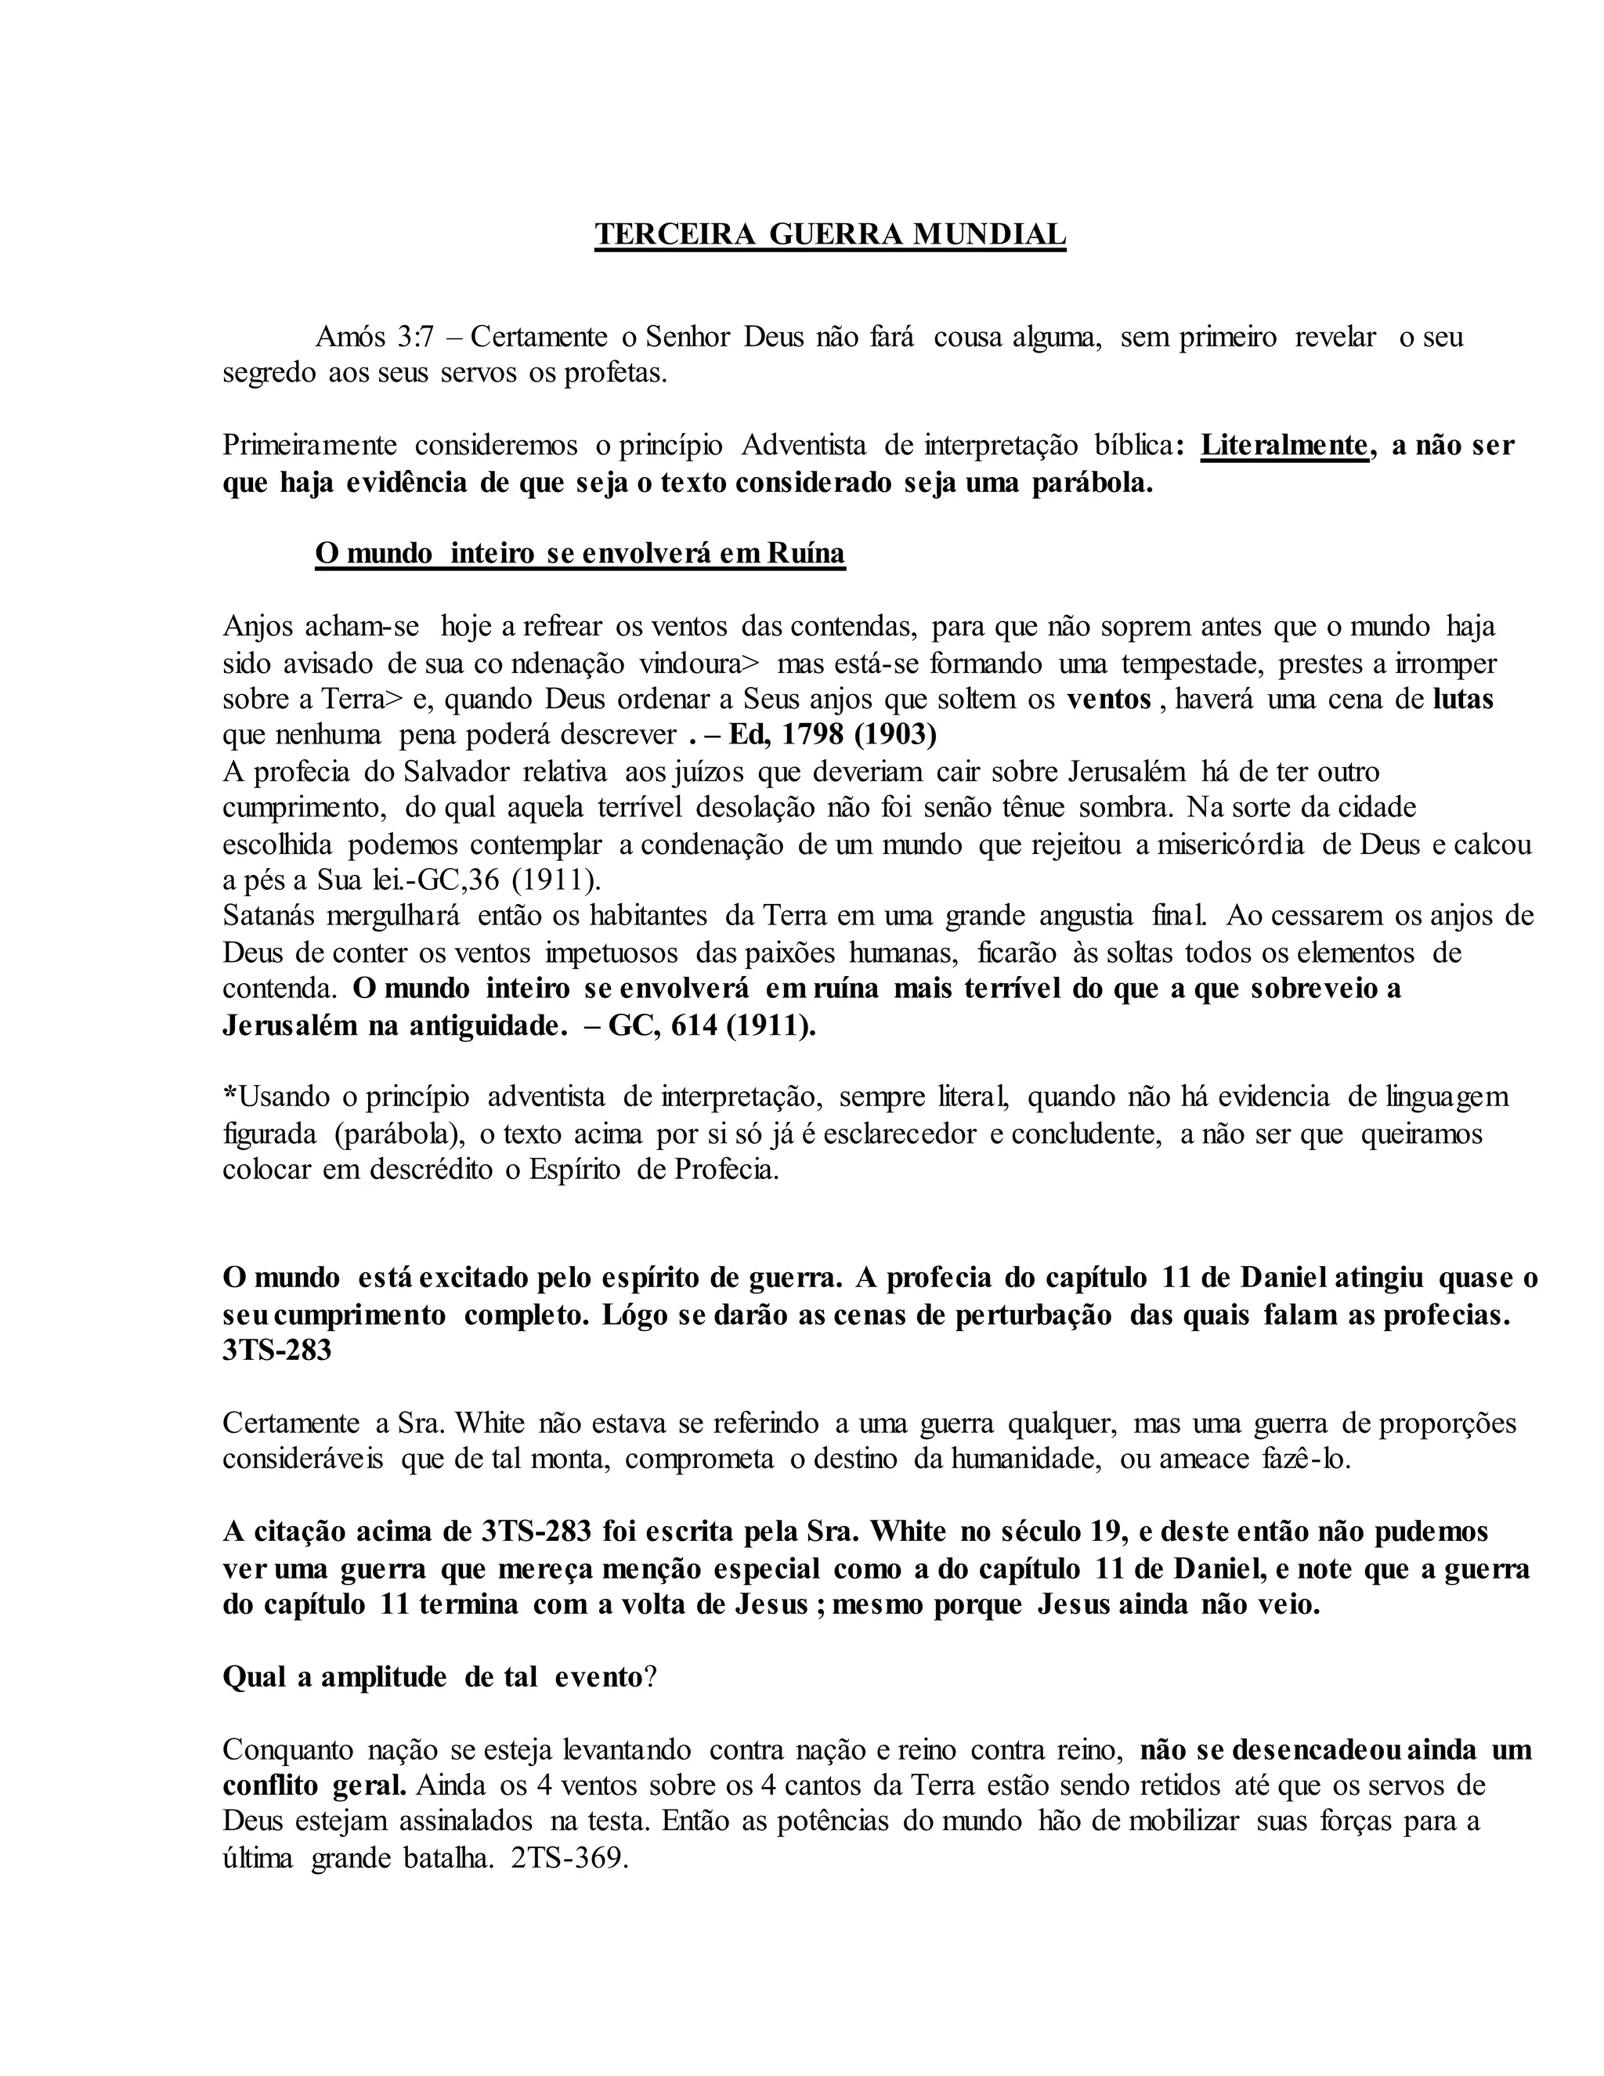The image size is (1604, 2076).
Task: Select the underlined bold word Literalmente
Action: (x=1284, y=445)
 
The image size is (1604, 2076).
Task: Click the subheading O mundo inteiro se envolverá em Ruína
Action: (x=580, y=553)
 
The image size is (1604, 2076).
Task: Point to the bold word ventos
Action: (x=1108, y=699)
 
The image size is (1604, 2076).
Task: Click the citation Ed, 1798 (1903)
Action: (x=833, y=735)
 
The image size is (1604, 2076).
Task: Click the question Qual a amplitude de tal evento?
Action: (x=440, y=1676)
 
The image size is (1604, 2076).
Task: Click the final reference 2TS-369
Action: (x=569, y=1858)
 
